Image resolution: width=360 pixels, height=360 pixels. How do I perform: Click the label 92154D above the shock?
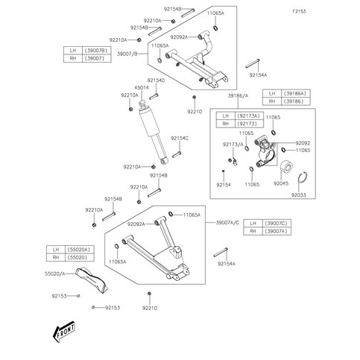155,80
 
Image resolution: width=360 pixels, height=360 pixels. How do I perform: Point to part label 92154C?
180,139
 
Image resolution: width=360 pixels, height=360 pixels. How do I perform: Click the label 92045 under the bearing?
282,183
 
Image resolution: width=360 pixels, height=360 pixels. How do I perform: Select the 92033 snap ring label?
298,195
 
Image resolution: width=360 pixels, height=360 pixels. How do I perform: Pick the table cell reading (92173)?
249,123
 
